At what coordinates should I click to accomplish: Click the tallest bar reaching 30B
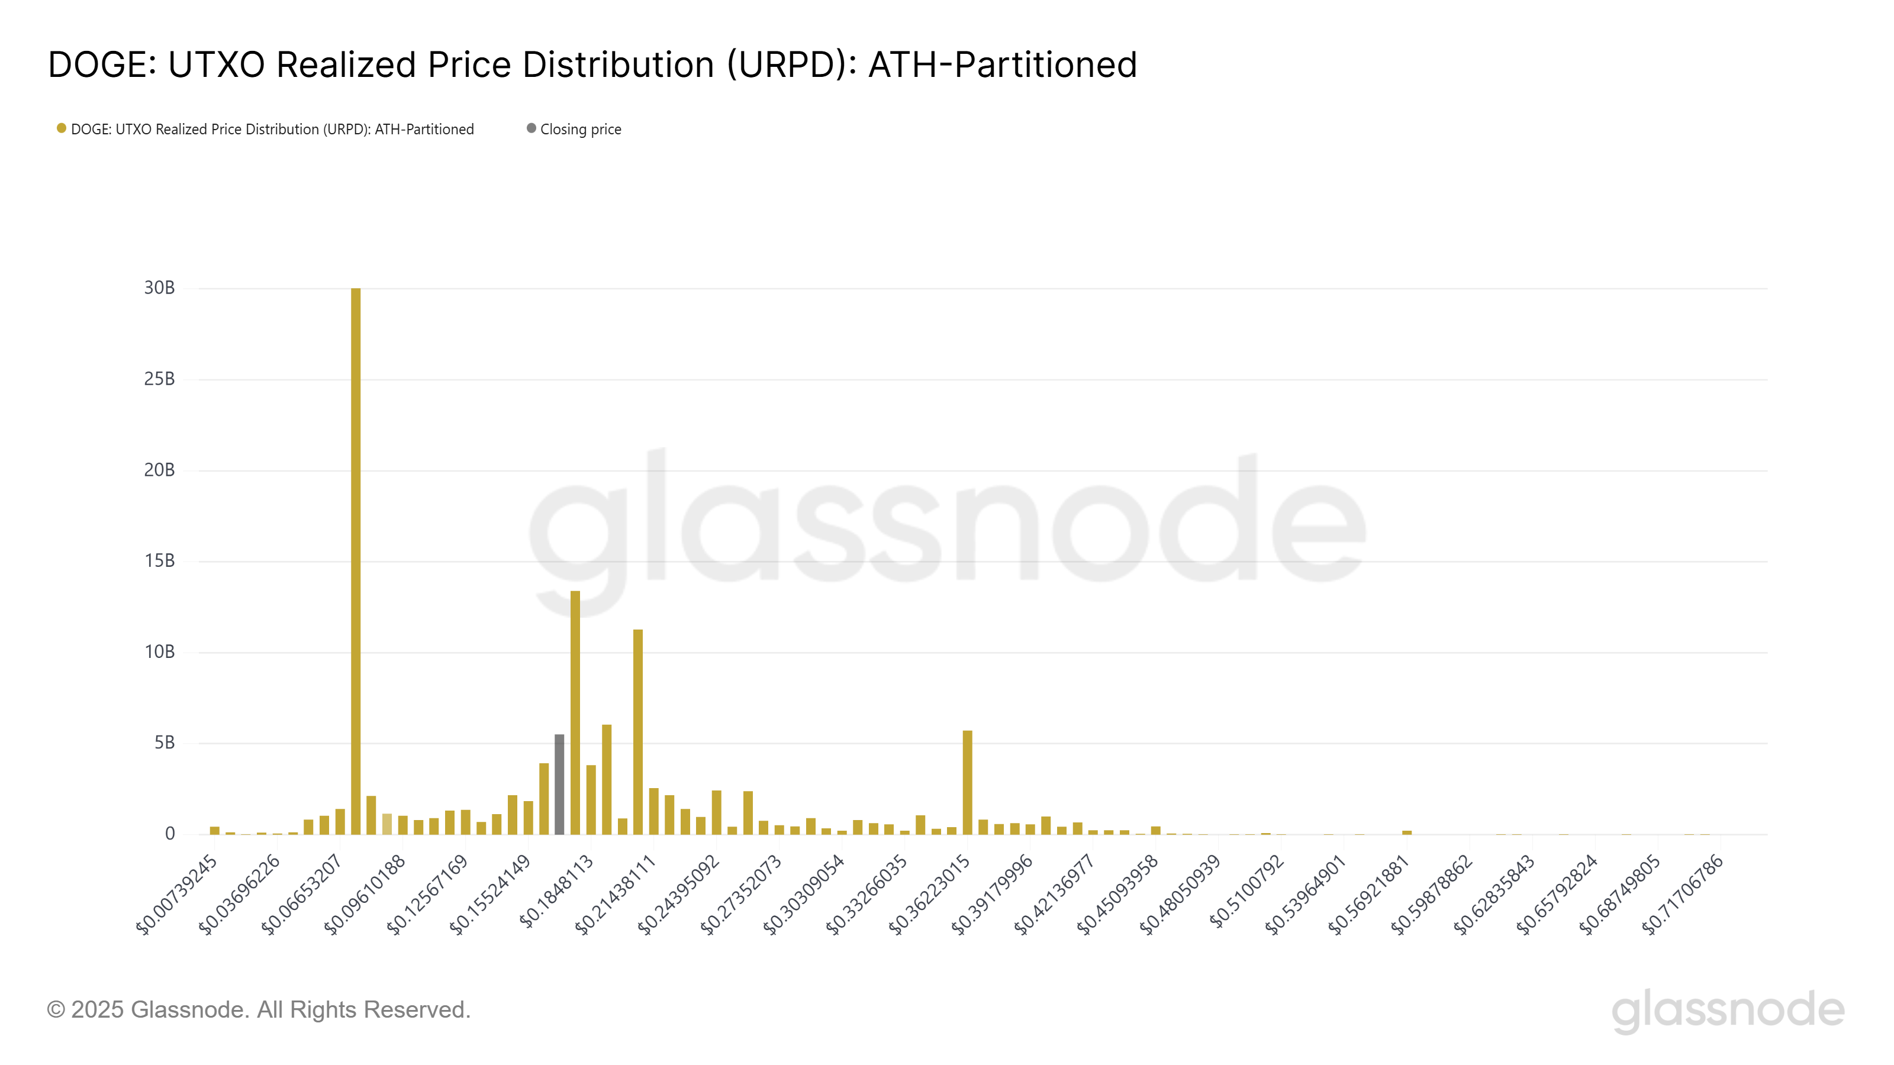pos(356,559)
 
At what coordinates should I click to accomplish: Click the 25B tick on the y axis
pos(160,379)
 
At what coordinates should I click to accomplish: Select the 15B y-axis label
pos(160,561)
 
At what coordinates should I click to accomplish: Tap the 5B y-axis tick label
pos(164,743)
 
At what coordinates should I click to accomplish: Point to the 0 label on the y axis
pos(170,834)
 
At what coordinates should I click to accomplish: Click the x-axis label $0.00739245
pos(177,895)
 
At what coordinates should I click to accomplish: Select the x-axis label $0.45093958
pos(1117,895)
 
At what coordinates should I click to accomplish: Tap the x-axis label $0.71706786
pos(1682,895)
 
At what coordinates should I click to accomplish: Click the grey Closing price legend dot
pos(531,128)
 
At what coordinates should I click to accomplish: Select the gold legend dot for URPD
pos(62,128)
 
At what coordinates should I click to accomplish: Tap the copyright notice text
pos(258,1010)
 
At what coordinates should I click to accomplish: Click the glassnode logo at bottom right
pos(1728,1010)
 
